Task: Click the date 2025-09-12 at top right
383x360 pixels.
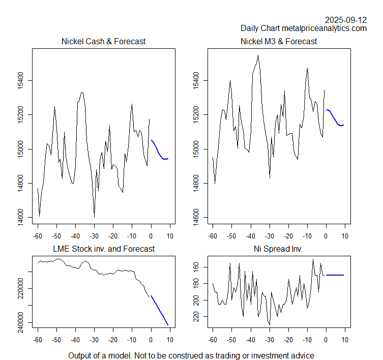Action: coord(346,20)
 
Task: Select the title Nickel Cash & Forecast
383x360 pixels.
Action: coord(103,41)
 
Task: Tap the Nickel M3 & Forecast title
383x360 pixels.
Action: coord(279,41)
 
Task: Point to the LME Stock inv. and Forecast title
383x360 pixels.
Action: coord(104,249)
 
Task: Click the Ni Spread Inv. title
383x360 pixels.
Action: coord(279,249)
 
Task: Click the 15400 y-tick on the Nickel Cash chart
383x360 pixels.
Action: coord(21,80)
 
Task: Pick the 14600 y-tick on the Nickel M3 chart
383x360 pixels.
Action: coord(196,218)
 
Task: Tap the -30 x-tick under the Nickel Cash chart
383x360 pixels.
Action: coord(94,236)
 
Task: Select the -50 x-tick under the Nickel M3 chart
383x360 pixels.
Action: coord(232,236)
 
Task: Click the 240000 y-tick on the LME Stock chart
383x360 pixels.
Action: coord(21,322)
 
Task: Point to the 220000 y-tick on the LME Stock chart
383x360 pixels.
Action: coord(21,288)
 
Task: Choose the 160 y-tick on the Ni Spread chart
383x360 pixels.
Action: coord(196,267)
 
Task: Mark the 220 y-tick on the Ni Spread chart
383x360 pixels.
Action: coord(196,317)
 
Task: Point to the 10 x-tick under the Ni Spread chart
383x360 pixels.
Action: coord(345,340)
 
